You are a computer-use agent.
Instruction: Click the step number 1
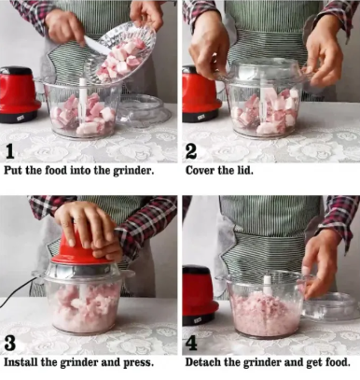coord(10,152)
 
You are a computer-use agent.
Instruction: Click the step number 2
coord(191,152)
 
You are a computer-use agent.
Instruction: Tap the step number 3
coord(10,344)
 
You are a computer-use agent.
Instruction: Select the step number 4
coord(191,344)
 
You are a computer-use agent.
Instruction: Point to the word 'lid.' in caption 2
coord(245,171)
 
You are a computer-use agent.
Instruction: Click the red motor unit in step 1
coord(19,94)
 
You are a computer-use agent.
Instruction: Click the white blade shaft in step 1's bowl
coord(83,99)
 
